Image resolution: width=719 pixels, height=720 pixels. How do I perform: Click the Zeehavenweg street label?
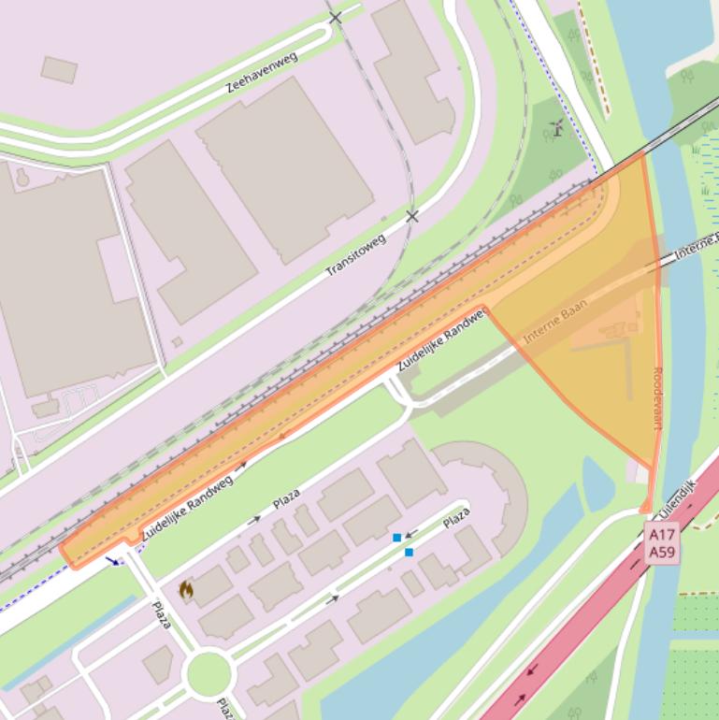pos(262,72)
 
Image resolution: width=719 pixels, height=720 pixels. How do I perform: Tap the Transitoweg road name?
pos(355,254)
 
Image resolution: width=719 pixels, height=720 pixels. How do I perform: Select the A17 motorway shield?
pos(662,535)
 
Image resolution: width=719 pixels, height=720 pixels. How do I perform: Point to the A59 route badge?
pos(662,552)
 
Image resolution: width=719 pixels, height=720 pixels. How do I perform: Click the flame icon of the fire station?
pos(186,589)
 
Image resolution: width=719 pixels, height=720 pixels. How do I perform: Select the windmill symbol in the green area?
pos(557,128)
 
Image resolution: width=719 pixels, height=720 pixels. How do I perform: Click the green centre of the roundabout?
pos(208,672)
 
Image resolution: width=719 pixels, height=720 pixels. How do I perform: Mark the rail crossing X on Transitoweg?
pos(412,216)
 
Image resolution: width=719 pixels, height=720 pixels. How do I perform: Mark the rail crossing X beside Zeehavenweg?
pos(336,18)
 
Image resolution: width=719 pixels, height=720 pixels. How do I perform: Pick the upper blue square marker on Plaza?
pos(397,538)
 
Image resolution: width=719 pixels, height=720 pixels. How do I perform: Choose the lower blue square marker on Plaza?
pos(409,553)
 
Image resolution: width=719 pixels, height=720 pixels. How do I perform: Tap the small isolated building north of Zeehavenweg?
pos(59,68)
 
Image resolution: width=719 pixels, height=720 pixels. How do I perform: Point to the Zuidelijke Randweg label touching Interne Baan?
pos(441,339)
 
